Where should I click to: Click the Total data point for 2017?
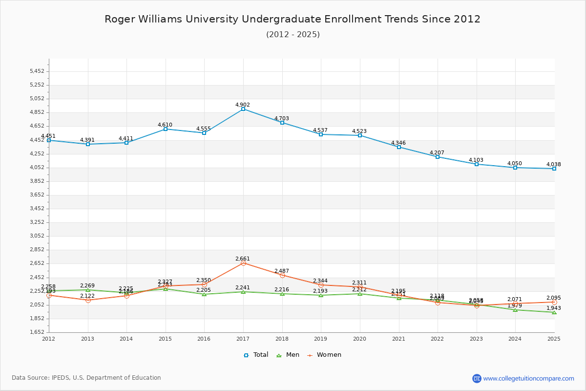click(x=243, y=109)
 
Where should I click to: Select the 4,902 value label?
click(x=243, y=105)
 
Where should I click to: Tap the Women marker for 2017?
click(x=243, y=263)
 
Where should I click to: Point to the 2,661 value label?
click(x=243, y=259)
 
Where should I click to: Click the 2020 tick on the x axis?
click(x=359, y=338)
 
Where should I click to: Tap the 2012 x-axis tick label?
click(x=49, y=338)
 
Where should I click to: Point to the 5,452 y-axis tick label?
click(x=37, y=71)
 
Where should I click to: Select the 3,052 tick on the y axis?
click(x=37, y=236)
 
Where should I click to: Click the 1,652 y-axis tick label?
click(x=37, y=332)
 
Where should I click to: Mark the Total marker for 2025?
click(x=554, y=169)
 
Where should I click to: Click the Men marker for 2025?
click(x=554, y=312)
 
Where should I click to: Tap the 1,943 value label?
click(x=554, y=308)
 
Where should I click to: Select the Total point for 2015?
click(x=166, y=129)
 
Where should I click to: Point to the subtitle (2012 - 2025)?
click(x=293, y=34)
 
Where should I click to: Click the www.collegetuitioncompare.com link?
click(x=528, y=378)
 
